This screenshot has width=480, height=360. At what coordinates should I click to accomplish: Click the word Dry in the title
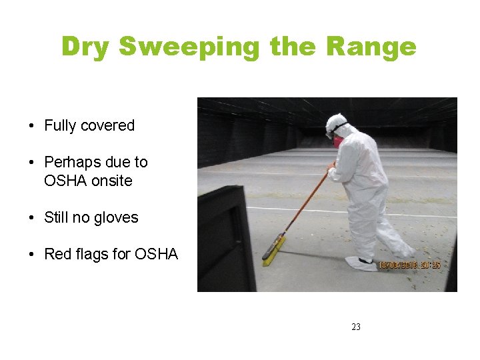point(86,47)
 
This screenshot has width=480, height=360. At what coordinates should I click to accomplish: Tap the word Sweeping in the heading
point(190,47)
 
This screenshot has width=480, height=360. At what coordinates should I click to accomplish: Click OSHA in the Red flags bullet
point(156,254)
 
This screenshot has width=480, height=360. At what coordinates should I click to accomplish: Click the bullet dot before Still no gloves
point(32,218)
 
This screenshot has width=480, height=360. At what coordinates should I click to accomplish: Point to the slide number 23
point(355,327)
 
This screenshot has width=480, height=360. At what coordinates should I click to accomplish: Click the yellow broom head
point(273,250)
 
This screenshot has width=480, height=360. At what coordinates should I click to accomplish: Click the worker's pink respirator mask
point(338,141)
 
